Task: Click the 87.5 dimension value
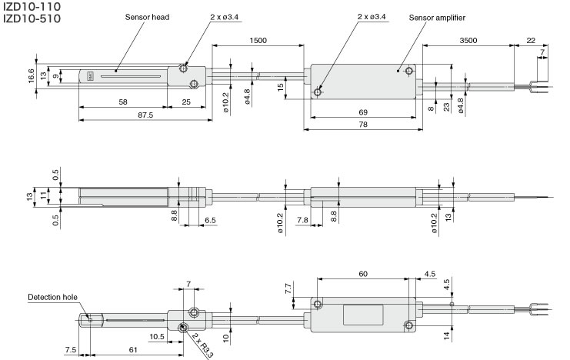tap(143, 115)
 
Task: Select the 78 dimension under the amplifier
tap(363, 125)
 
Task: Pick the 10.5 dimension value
tap(158, 336)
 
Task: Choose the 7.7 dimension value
tap(288, 289)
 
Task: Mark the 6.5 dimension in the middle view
tap(210, 219)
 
